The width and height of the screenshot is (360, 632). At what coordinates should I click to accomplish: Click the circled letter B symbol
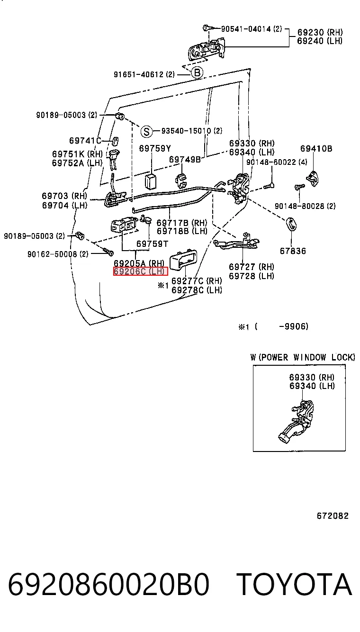pos(197,72)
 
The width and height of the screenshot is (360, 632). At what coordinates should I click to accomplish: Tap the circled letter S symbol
pos(146,131)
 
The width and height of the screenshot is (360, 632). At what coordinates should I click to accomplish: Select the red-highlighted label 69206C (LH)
pos(140,271)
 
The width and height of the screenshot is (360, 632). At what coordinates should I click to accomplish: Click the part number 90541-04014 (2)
pos(251,29)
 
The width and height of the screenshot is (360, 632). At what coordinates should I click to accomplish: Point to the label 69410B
pos(316,148)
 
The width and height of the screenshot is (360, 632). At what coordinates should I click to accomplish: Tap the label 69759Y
pos(155,148)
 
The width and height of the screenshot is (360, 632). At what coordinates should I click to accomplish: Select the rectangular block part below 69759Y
pos(151,181)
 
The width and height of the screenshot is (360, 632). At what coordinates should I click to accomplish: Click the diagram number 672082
pos(333,516)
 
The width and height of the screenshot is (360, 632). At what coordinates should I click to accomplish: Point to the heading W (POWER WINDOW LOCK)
pos(303,357)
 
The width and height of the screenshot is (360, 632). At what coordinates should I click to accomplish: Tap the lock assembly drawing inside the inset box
pos(297,421)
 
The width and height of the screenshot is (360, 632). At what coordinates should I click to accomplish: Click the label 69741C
pos(85,141)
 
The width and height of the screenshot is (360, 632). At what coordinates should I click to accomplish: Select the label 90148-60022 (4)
pos(277,162)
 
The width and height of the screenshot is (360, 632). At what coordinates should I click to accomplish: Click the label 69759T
pos(152,244)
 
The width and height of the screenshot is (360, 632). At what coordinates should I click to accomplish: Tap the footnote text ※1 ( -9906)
pos(273,327)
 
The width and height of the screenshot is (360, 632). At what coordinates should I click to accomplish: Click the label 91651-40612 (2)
pos(144,74)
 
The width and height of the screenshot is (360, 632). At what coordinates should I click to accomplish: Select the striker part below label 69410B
pos(313,179)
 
